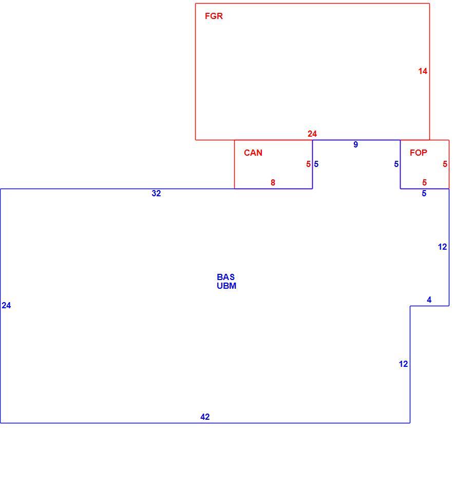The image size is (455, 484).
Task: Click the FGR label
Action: pos(214,16)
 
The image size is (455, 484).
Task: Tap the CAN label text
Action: pos(253,153)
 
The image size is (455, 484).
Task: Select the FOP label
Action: pos(419,153)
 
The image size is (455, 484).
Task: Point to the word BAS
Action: pos(225,277)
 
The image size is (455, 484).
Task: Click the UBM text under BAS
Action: pos(226,286)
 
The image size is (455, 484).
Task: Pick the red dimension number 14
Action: pos(423,71)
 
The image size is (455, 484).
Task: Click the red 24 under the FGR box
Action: pos(312,134)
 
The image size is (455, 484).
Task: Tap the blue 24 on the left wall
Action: pos(6,305)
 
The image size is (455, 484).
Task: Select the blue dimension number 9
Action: pos(356,144)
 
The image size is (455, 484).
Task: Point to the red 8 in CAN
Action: pos(273,182)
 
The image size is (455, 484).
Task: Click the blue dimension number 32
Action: pos(156,193)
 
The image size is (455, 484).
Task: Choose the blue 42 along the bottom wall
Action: pos(205,417)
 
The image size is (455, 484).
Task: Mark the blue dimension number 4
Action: pos(429,300)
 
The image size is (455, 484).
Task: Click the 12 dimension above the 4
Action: pos(442,247)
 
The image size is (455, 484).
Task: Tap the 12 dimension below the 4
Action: pos(403,364)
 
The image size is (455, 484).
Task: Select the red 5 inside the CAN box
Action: pos(308,164)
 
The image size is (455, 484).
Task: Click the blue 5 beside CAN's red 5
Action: pos(316,164)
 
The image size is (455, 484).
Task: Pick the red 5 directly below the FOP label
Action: pos(425,182)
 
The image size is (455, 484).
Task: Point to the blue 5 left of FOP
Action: pos(396,164)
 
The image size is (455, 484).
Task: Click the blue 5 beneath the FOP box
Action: pos(424,193)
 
